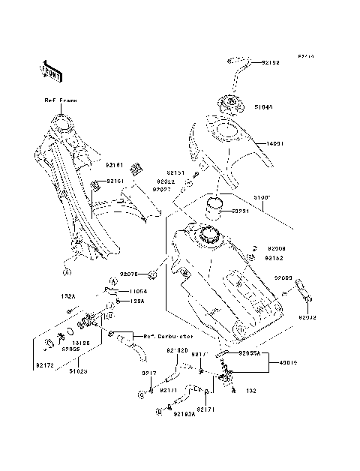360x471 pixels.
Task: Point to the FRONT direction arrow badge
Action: click(x=49, y=70)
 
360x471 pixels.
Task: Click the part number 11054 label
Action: click(x=135, y=289)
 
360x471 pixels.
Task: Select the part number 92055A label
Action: click(x=250, y=352)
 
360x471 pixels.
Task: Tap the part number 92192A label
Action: click(x=184, y=413)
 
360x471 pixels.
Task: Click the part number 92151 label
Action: click(x=175, y=172)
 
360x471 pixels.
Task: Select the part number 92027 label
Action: click(x=163, y=190)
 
